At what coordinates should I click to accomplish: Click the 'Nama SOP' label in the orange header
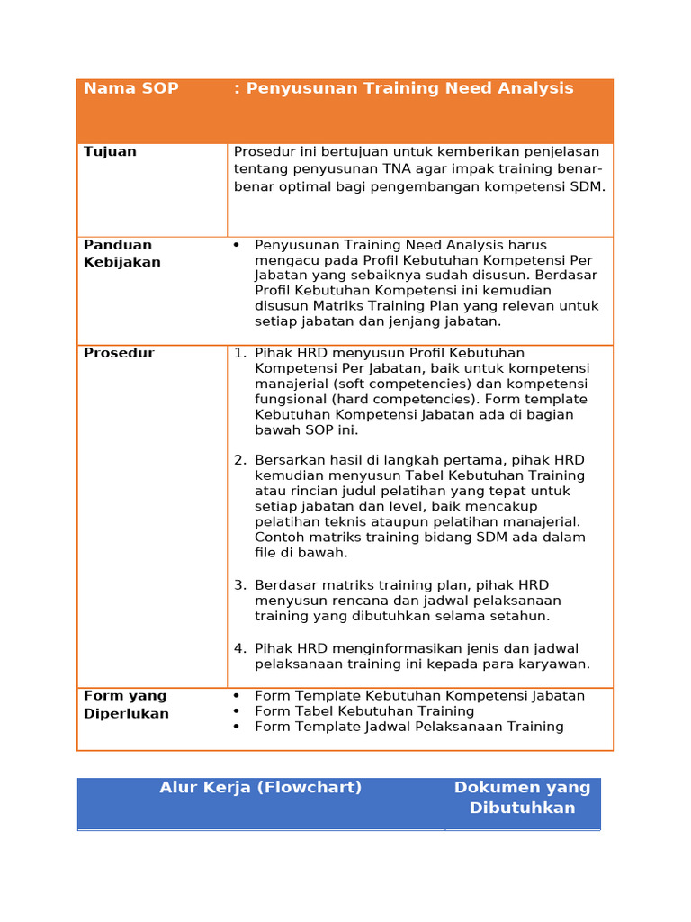pyautogui.click(x=131, y=88)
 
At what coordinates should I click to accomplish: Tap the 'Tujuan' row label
pyautogui.click(x=110, y=151)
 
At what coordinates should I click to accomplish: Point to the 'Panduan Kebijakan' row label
pyautogui.click(x=121, y=253)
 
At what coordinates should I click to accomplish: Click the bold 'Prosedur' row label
pyautogui.click(x=119, y=353)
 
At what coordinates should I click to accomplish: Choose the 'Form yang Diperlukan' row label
pyautogui.click(x=125, y=704)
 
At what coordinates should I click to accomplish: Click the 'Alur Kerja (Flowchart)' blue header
pyautogui.click(x=261, y=787)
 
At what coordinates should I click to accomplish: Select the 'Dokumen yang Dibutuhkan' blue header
pyautogui.click(x=522, y=797)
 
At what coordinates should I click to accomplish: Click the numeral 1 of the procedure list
pyautogui.click(x=239, y=353)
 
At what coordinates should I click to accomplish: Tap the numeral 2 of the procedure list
pyautogui.click(x=239, y=460)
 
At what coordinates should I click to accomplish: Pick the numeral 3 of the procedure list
pyautogui.click(x=239, y=585)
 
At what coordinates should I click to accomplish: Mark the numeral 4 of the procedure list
pyautogui.click(x=239, y=648)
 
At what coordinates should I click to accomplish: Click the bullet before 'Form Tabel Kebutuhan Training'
pyautogui.click(x=236, y=711)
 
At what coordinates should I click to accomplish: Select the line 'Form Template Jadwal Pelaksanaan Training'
pyautogui.click(x=408, y=727)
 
